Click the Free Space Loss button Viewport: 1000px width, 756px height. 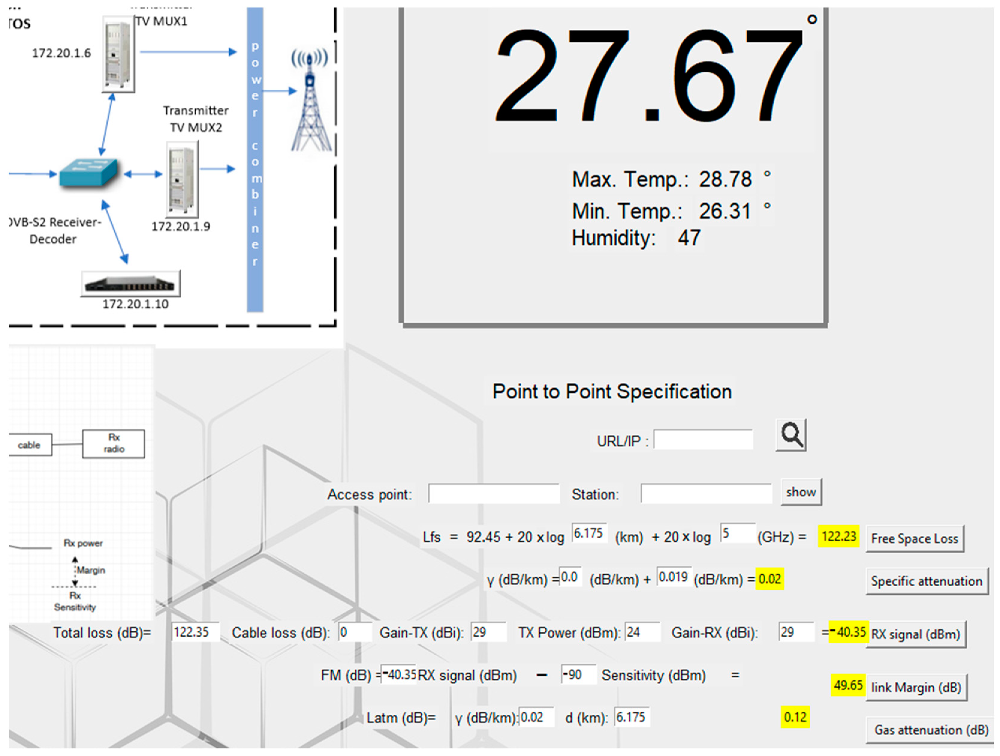(915, 539)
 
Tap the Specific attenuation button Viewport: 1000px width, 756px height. (926, 581)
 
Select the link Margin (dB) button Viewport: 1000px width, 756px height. (916, 687)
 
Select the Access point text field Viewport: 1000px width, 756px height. (494, 494)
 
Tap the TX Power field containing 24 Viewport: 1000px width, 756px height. (642, 632)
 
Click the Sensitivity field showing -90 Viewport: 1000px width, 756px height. (577, 675)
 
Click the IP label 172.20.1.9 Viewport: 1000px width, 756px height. (180, 226)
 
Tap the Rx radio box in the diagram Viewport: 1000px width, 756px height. (114, 444)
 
